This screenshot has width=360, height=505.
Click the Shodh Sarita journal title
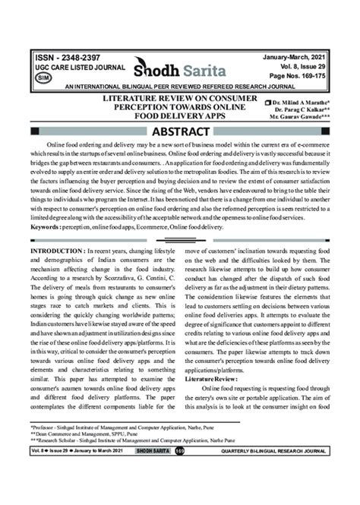(178, 71)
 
